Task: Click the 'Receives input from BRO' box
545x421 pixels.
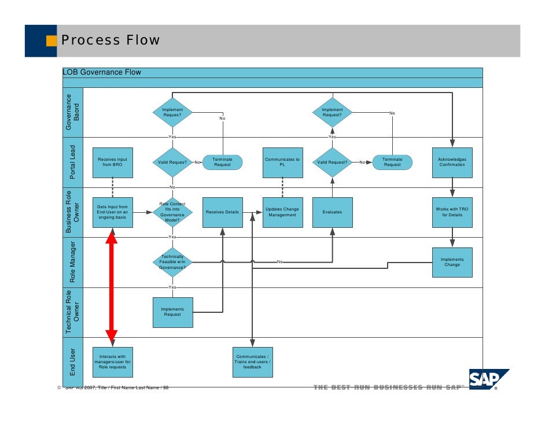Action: [x=113, y=163]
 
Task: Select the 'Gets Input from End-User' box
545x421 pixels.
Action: [x=113, y=212]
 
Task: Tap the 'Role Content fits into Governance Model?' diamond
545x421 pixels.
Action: [x=172, y=212]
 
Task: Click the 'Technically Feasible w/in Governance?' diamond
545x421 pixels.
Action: [x=172, y=262]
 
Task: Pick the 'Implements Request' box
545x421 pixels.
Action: [x=172, y=312]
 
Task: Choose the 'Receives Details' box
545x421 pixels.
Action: [x=223, y=212]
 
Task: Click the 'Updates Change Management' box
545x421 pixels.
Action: [x=282, y=212]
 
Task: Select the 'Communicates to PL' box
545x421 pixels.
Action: [x=282, y=163]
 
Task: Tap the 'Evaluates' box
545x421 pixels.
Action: [x=332, y=212]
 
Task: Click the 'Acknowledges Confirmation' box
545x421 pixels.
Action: [x=452, y=163]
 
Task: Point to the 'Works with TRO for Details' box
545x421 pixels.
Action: [x=452, y=212]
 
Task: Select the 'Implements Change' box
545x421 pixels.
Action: [x=452, y=262]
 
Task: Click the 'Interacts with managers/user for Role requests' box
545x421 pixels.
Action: [x=113, y=362]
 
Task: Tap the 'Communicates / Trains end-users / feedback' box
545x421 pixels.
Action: [x=252, y=362]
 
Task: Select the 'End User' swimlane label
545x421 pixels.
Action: [x=73, y=362]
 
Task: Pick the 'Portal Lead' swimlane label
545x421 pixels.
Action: [x=73, y=163]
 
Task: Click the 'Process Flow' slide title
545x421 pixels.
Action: [x=111, y=40]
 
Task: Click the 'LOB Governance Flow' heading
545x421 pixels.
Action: [x=102, y=72]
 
